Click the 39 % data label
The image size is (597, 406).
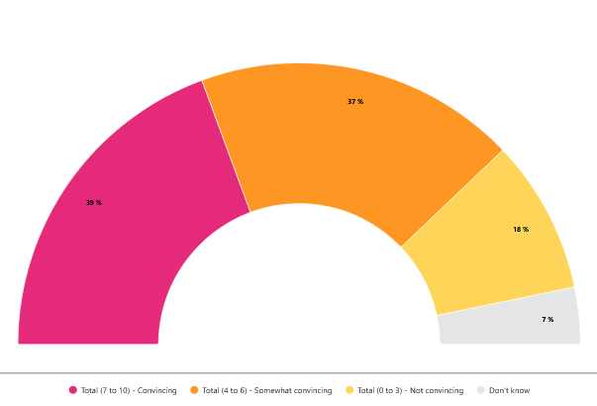coord(94,203)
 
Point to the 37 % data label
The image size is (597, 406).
coord(355,102)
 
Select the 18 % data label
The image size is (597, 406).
coord(521,230)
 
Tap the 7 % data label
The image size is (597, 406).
coord(547,320)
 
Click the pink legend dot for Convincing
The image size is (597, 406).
coord(72,390)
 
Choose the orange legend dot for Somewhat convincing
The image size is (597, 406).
coord(194,390)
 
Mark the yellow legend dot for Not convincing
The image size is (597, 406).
coord(349,390)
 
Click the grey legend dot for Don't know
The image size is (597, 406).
coord(481,390)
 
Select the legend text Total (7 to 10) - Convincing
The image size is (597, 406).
coord(129,390)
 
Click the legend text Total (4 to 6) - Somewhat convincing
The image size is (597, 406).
coord(266,390)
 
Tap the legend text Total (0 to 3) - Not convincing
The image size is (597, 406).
coord(410,390)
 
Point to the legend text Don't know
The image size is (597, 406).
coord(509,390)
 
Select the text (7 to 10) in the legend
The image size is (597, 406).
coord(116,390)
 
